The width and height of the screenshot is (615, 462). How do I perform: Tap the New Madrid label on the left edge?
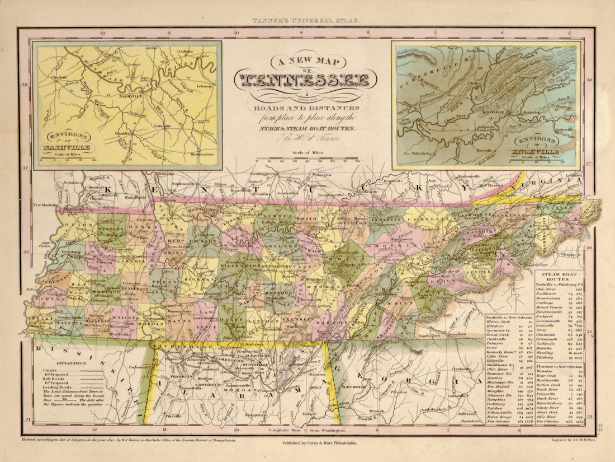(x=45, y=205)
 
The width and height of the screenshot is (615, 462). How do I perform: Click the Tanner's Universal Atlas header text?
(x=307, y=19)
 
